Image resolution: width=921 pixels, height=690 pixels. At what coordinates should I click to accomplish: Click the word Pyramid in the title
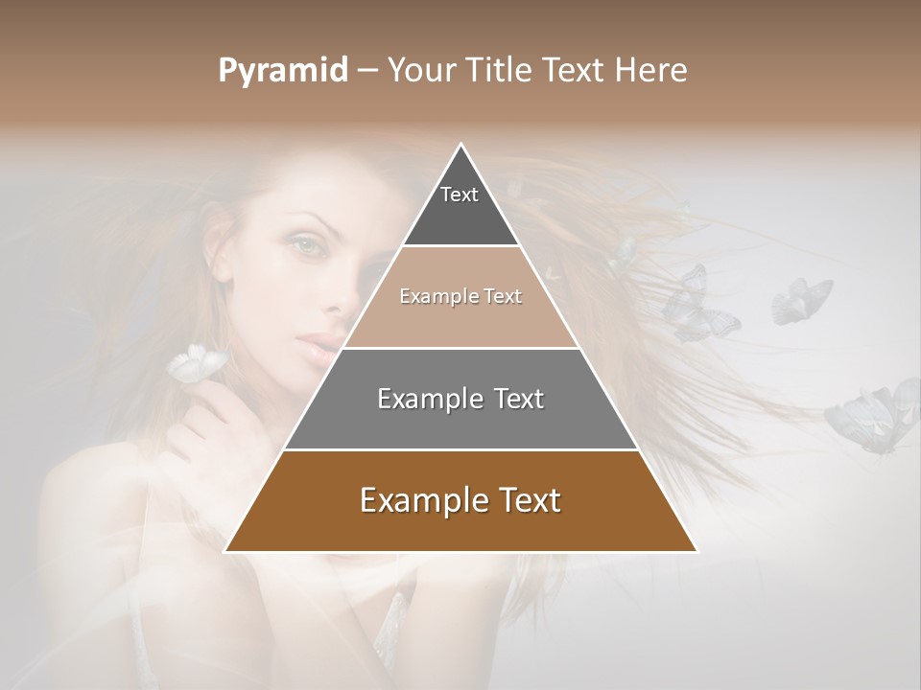pyautogui.click(x=282, y=71)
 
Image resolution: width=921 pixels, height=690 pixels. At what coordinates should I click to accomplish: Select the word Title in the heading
pyautogui.click(x=501, y=71)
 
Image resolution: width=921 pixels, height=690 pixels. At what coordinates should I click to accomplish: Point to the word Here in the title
pyautogui.click(x=651, y=71)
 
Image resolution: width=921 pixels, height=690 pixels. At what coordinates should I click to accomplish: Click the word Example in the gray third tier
pyautogui.click(x=428, y=399)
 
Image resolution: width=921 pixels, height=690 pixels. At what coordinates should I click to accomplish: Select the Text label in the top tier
pyautogui.click(x=460, y=195)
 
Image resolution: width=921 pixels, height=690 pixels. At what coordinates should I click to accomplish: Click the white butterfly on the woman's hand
pyautogui.click(x=197, y=362)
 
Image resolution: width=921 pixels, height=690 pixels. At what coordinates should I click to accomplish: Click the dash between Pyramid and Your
pyautogui.click(x=367, y=71)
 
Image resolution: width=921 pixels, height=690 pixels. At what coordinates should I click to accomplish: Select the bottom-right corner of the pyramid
pyautogui.click(x=697, y=551)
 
